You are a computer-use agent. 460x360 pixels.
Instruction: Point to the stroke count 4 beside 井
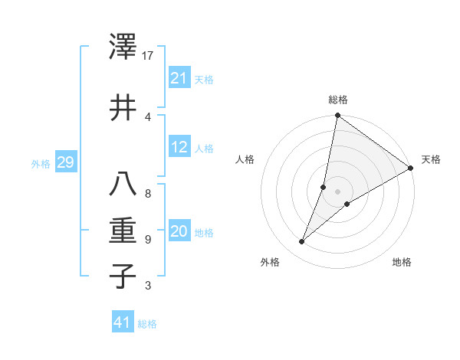click(147, 116)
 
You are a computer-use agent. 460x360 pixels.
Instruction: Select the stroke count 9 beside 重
click(147, 239)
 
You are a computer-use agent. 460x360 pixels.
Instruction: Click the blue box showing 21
click(179, 78)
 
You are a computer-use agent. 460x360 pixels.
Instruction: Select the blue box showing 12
click(179, 147)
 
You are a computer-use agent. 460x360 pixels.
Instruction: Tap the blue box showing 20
click(179, 231)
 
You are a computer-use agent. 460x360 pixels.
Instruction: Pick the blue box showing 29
click(65, 162)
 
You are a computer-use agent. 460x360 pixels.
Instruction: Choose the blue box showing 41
click(123, 322)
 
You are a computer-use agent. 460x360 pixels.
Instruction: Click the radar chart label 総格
click(338, 100)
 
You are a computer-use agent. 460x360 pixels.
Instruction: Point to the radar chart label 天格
click(431, 160)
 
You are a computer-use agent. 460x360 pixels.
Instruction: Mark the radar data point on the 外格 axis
click(302, 242)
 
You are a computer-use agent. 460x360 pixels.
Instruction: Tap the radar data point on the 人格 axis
click(324, 187)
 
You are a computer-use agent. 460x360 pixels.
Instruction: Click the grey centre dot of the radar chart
click(338, 191)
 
